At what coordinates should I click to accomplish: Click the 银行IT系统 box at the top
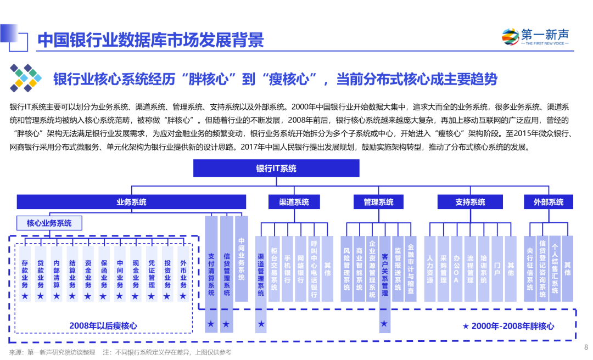276,168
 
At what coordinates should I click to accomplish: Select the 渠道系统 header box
294,202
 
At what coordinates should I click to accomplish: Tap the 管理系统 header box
378,202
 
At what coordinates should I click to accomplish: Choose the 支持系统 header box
470,202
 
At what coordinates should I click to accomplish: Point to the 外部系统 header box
549,202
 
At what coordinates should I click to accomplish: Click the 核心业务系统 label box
49,223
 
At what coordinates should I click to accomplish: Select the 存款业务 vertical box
25,273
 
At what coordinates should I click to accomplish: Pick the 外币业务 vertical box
183,273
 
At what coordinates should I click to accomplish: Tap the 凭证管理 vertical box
152,273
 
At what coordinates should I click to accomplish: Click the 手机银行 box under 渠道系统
287,269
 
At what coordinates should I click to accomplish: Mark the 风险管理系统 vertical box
346,269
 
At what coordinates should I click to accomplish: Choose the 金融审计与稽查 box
411,269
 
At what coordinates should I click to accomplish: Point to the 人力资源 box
430,269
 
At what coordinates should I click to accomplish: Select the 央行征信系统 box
530,269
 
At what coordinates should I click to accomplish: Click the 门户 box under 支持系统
497,269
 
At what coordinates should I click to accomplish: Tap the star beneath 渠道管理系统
261,324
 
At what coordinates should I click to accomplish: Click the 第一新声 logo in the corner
536,37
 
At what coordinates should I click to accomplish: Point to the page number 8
586,347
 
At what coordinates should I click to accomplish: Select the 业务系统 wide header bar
131,202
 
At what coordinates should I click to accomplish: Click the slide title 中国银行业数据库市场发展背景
151,40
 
